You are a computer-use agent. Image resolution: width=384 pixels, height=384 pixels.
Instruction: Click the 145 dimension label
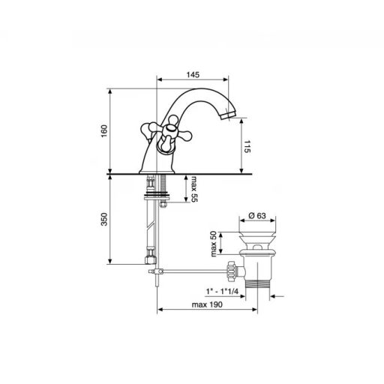(x=193, y=75)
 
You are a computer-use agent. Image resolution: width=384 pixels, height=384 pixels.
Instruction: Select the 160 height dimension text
(x=104, y=130)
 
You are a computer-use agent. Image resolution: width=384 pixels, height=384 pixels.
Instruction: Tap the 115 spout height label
(x=247, y=147)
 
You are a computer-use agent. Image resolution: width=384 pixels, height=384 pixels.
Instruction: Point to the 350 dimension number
(x=104, y=219)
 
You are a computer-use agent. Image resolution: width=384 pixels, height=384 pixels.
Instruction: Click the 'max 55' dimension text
(x=194, y=189)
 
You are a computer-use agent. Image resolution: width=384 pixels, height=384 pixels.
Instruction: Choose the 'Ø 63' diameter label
(x=257, y=215)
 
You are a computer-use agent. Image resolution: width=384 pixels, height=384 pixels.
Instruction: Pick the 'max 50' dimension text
(x=213, y=244)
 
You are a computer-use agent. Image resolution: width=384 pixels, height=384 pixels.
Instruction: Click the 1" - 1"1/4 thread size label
(x=222, y=291)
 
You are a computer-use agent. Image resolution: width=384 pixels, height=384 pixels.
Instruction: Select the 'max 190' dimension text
(x=207, y=304)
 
